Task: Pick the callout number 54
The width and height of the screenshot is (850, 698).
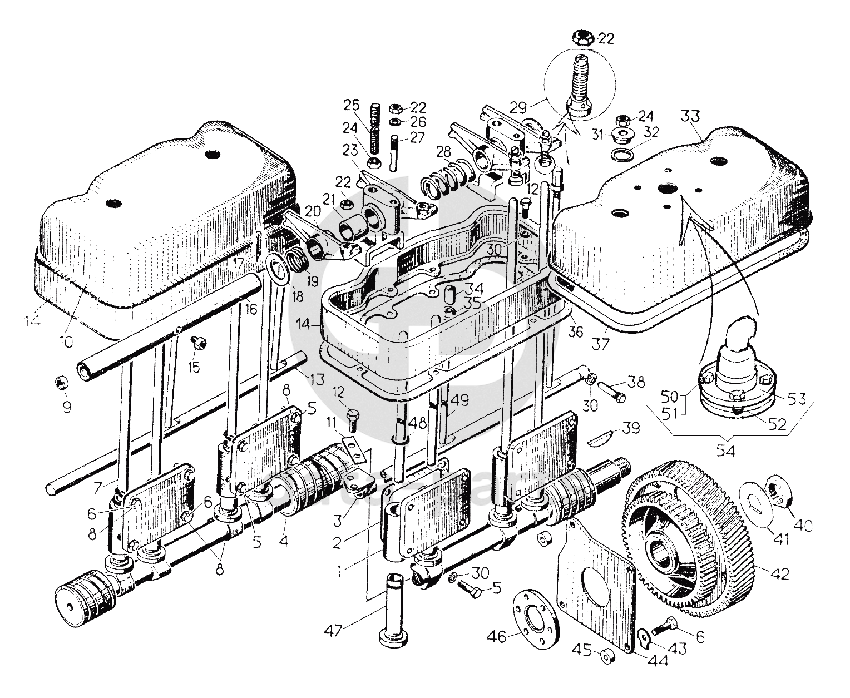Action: [727, 452]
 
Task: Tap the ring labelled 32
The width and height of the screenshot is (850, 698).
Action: [620, 154]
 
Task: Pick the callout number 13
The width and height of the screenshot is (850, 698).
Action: [317, 380]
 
